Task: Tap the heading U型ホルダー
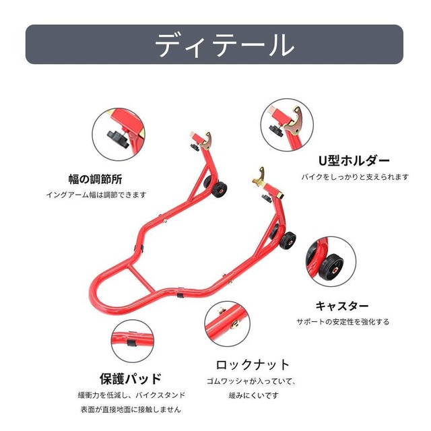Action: click(x=354, y=161)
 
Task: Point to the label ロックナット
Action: click(x=253, y=365)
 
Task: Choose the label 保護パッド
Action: click(x=131, y=378)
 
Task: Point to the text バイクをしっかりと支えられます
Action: click(x=354, y=177)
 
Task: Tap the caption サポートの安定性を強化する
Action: click(x=343, y=322)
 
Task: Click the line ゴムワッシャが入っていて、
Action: click(x=251, y=382)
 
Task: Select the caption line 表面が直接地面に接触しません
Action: click(x=131, y=409)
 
